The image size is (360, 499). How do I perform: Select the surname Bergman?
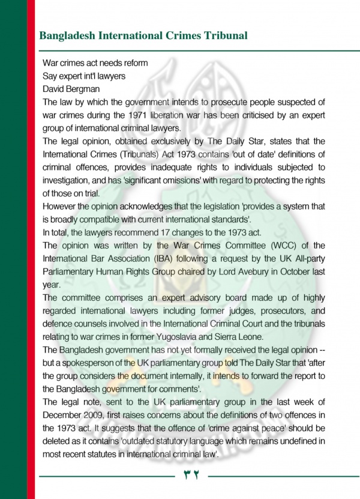tap(89, 88)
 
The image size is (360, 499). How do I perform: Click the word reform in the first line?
tap(133, 63)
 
